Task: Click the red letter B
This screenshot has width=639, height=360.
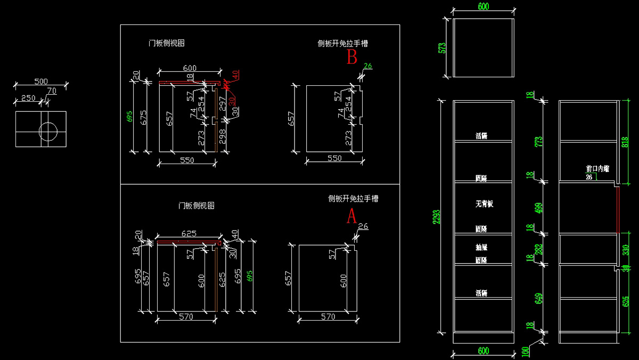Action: click(352, 57)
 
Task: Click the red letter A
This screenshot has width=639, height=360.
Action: click(351, 216)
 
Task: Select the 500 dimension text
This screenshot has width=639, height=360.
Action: click(41, 81)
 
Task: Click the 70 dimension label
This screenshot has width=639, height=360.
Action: click(51, 91)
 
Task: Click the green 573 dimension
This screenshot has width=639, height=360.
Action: click(441, 48)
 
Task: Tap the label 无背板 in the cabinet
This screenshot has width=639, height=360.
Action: click(484, 204)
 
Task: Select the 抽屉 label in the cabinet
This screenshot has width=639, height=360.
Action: click(481, 248)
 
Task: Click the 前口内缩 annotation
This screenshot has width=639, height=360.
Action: click(597, 169)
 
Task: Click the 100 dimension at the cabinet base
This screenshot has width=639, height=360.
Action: click(527, 351)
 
